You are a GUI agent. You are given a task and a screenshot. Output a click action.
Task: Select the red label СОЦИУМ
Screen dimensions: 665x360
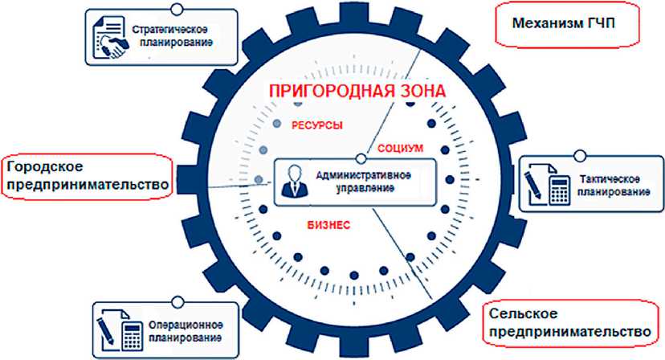click(x=400, y=149)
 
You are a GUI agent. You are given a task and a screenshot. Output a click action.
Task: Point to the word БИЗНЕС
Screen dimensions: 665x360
click(x=328, y=225)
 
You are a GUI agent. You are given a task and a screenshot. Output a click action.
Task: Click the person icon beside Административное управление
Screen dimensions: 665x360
click(x=294, y=181)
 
